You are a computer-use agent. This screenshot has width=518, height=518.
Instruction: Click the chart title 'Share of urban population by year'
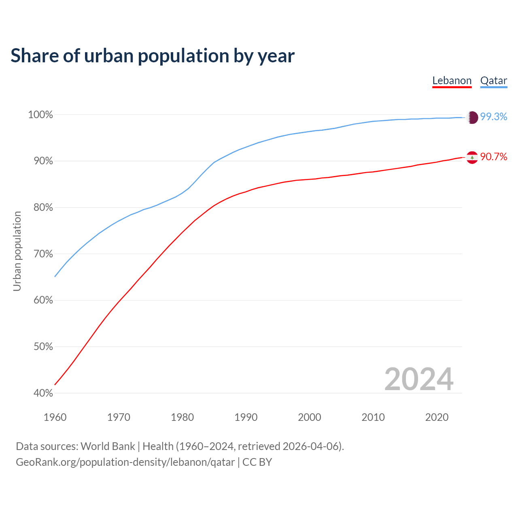(x=152, y=56)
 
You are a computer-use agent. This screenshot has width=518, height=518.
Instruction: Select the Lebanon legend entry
(x=452, y=81)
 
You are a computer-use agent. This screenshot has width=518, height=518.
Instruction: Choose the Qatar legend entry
(x=493, y=81)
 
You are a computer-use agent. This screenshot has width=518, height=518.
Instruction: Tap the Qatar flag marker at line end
(x=472, y=117)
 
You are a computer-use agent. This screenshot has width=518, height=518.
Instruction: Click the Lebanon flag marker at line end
(x=472, y=157)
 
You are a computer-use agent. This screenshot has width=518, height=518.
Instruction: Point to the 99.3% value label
(x=493, y=117)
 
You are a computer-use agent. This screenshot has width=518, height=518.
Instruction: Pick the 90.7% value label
(x=493, y=157)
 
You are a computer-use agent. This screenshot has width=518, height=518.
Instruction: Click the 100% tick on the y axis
(x=40, y=115)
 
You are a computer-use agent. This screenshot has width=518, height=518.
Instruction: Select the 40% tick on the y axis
(x=42, y=393)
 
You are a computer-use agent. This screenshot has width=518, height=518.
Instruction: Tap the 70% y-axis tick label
(x=42, y=254)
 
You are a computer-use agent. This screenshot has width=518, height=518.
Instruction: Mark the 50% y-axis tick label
(x=42, y=347)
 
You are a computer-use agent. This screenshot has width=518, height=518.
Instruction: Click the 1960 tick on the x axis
(x=55, y=417)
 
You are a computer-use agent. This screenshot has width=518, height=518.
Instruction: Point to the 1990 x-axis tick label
(x=246, y=417)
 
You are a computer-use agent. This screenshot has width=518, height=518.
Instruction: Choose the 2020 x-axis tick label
(x=437, y=417)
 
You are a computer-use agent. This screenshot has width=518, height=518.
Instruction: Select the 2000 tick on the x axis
(x=309, y=417)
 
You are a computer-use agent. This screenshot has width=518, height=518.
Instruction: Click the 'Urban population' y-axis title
(x=17, y=251)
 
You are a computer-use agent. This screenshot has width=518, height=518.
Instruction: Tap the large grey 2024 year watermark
(x=418, y=379)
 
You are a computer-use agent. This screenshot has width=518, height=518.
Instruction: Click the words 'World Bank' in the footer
(x=108, y=446)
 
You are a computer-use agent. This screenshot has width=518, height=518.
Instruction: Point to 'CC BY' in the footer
(x=257, y=462)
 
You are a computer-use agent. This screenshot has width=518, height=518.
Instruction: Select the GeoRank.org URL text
(x=125, y=462)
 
